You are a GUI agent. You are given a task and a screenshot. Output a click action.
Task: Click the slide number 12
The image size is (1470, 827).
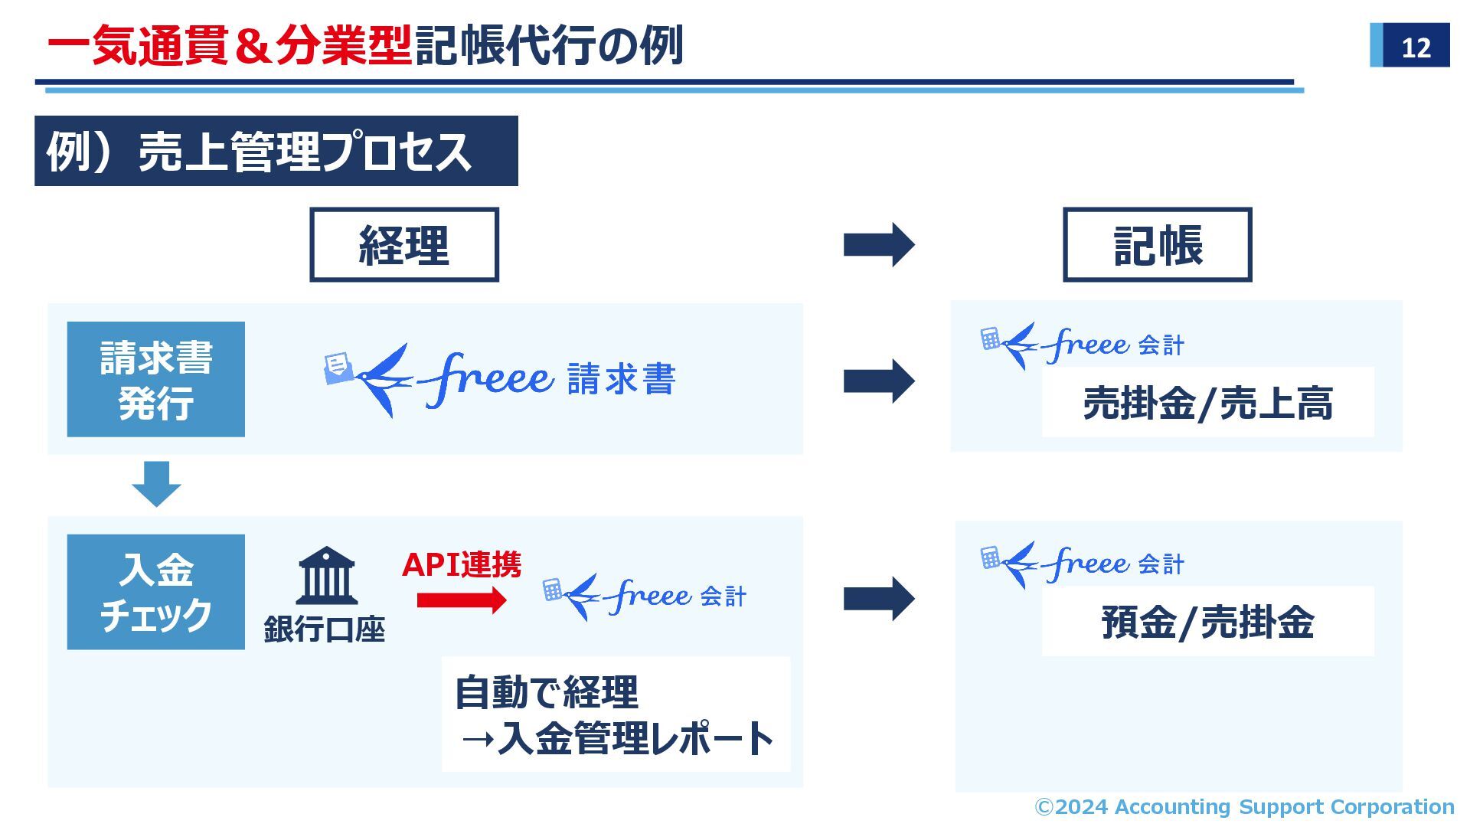coord(1415,47)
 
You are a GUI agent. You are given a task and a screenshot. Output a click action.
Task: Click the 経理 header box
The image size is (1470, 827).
coord(403,245)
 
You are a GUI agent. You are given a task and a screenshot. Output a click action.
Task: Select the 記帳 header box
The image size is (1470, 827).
coord(1157,245)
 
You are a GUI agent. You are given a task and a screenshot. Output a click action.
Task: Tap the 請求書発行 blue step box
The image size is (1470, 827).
coord(156,380)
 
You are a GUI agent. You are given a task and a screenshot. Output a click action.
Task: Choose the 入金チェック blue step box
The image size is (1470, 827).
coord(156,592)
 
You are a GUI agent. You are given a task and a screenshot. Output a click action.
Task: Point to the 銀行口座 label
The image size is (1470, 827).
coord(324,629)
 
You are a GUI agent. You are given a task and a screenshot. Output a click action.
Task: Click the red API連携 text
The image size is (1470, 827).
coord(462,565)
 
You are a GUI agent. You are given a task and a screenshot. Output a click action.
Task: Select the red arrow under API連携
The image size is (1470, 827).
coord(462,600)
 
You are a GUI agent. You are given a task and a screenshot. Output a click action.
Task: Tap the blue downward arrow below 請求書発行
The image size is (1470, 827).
coord(156,484)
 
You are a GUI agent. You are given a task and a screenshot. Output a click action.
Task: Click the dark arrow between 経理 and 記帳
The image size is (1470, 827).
coord(878,245)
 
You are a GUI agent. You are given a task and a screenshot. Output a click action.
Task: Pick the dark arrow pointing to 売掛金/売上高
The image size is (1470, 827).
coord(878,381)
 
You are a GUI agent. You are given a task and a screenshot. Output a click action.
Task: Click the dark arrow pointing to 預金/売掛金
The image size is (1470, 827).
coord(878,598)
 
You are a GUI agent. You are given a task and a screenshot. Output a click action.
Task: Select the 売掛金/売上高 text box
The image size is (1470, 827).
coord(1207,403)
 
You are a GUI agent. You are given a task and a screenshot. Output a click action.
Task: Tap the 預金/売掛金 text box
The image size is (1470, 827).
coord(1207,621)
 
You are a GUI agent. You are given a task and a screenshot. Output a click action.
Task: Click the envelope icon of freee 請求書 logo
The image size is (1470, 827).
coord(338,368)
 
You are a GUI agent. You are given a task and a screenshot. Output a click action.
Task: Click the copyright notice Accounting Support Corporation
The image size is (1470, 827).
coord(1244,806)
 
